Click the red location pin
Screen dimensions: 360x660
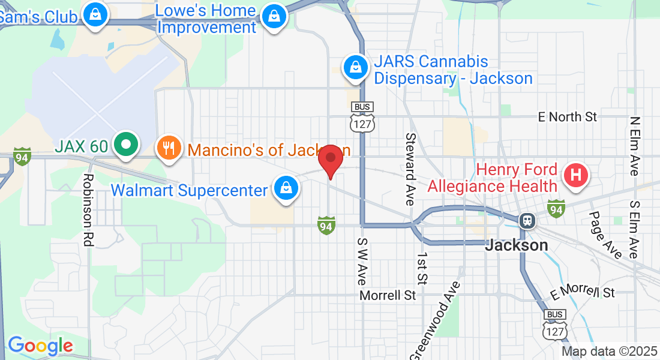(x=330, y=160)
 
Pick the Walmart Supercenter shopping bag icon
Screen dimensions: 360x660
(x=287, y=188)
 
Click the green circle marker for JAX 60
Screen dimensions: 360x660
(x=126, y=145)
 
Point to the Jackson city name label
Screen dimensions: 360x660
(x=516, y=245)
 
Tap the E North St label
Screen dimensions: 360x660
(x=568, y=116)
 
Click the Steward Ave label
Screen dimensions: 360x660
(x=410, y=169)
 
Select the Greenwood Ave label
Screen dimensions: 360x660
(x=436, y=320)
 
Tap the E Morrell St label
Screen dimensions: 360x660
(x=583, y=292)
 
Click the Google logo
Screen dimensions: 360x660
(x=40, y=346)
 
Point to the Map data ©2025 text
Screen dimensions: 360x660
(x=609, y=351)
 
